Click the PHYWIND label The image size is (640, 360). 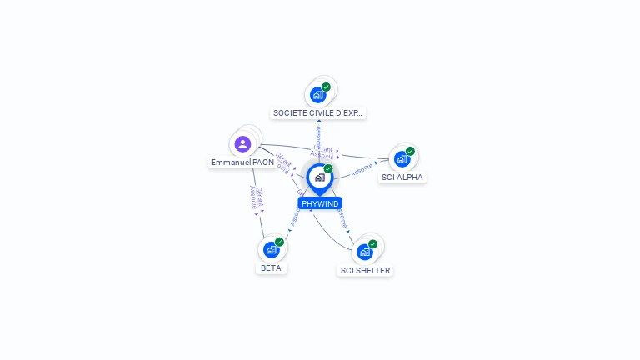coord(320,203)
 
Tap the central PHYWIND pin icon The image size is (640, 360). coord(319,177)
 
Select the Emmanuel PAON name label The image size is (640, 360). coord(242,162)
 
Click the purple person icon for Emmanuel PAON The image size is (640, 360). coord(242,144)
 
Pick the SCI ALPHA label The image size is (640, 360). coord(402,177)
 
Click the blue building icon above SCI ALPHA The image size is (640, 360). coord(402,159)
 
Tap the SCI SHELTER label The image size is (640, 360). coord(365,271)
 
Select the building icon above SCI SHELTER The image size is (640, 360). coord(364,252)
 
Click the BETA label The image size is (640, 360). coord(271,268)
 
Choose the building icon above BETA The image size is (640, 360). coord(271,249)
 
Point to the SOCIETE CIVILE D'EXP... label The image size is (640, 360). coord(319,112)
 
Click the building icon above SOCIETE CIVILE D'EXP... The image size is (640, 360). coord(317,94)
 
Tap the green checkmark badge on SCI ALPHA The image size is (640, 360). coord(410,152)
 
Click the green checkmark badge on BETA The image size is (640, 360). coord(279,242)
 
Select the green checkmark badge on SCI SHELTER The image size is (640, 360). coord(372,244)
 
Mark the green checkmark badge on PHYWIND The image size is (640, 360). coord(328,169)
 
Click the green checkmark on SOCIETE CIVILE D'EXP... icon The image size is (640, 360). coord(326,87)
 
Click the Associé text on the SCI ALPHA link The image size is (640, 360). coord(362,169)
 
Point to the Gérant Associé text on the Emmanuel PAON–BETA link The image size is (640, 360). coord(256,197)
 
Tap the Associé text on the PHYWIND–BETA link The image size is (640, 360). coord(294,218)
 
